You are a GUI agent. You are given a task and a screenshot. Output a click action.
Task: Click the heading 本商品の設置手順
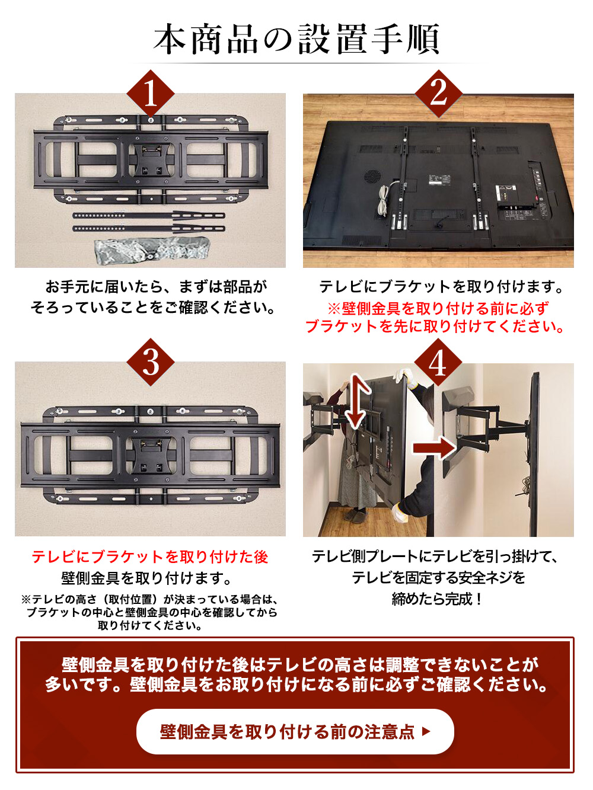coord(296,39)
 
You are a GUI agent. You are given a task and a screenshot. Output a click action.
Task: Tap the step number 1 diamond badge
coord(151,94)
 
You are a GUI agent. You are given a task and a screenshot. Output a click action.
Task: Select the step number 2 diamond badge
coord(438,92)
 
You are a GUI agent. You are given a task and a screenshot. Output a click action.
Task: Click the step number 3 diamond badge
coord(151,362)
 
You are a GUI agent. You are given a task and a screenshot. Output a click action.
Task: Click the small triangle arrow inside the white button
coord(426,731)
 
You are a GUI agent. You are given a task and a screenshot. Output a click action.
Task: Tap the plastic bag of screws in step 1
coord(152,250)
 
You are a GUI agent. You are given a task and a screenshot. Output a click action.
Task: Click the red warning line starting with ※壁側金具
coord(438,308)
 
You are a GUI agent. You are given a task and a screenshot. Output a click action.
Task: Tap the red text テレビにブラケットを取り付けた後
coord(150,556)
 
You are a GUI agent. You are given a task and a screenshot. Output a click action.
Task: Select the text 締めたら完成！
coord(438,599)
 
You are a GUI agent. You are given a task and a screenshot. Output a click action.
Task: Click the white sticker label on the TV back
coord(439,180)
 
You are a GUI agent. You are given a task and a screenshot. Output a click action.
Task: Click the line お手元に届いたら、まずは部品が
coord(156,287)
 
